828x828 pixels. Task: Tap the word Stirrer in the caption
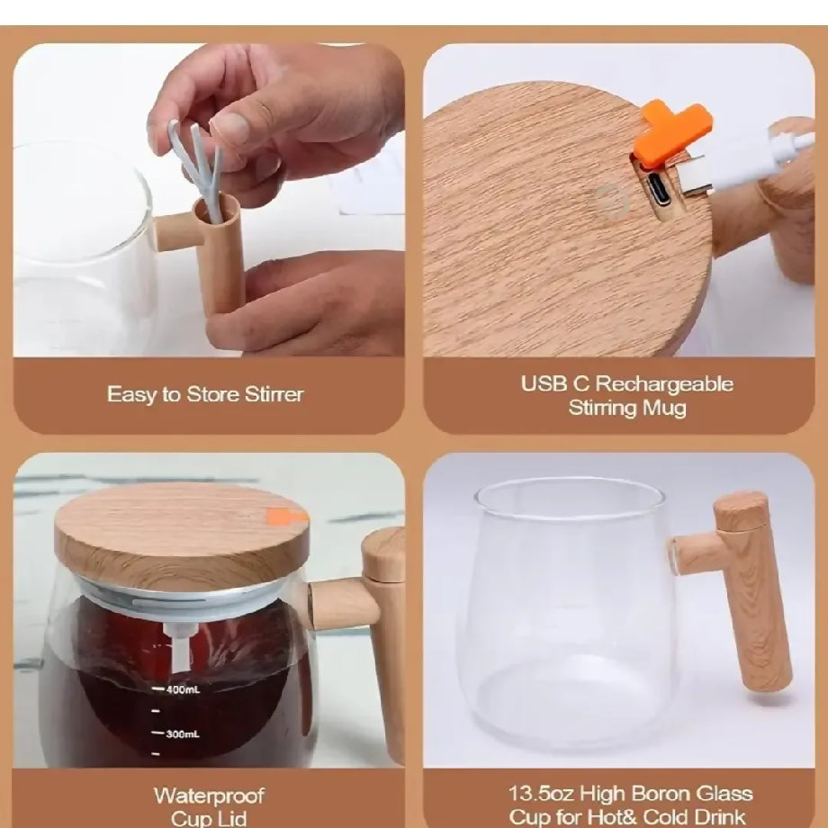pyautogui.click(x=274, y=394)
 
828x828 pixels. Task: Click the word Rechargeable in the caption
pyautogui.click(x=666, y=384)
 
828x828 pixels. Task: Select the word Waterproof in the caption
pyautogui.click(x=209, y=796)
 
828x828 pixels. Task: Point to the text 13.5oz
pyautogui.click(x=541, y=793)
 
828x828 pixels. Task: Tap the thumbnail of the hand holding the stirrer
pyautogui.click(x=209, y=200)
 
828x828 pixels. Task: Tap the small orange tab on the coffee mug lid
pyautogui.click(x=280, y=516)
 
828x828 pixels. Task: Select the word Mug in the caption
pyautogui.click(x=665, y=409)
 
